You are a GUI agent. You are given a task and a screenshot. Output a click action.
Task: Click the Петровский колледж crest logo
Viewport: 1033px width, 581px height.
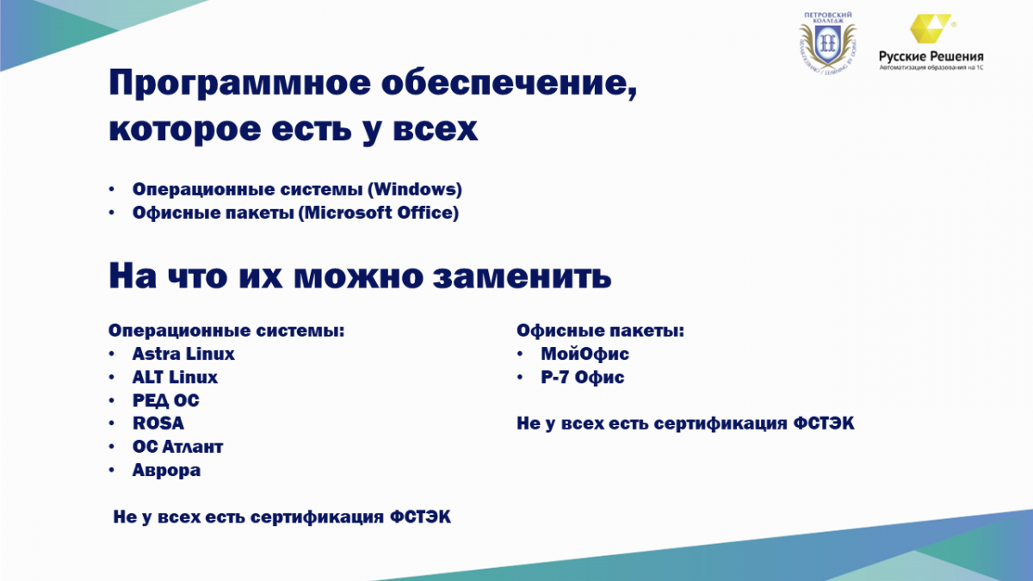(827, 43)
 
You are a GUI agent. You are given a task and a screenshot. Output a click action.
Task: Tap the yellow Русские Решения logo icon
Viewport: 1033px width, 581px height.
(931, 28)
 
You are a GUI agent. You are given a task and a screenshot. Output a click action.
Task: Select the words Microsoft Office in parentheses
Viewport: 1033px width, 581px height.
(379, 213)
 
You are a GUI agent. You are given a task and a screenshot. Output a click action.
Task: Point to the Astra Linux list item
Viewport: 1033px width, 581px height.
(183, 354)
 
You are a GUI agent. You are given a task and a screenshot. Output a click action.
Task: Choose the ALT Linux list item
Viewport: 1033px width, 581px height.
(175, 377)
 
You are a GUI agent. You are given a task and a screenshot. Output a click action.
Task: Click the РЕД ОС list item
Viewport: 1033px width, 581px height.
(166, 400)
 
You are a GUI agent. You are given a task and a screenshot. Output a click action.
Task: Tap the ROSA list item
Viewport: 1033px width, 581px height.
(158, 423)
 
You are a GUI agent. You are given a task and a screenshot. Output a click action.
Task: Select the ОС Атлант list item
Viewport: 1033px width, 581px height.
(177, 447)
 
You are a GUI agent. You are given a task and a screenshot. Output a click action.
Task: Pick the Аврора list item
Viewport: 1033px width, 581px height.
(166, 470)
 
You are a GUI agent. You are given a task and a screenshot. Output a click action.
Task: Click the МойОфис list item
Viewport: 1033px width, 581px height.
(585, 354)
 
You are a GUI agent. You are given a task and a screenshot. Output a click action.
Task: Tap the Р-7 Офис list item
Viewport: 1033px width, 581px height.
(583, 377)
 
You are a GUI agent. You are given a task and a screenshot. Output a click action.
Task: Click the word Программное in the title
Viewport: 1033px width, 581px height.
(240, 83)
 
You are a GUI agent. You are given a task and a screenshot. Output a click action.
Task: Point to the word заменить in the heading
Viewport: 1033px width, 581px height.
(522, 275)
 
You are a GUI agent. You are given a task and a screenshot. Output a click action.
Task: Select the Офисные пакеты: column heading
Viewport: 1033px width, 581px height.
(600, 331)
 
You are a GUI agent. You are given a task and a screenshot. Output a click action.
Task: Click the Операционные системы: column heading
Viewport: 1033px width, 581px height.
(226, 331)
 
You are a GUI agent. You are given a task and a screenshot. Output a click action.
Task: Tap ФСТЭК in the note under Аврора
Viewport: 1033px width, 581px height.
(420, 516)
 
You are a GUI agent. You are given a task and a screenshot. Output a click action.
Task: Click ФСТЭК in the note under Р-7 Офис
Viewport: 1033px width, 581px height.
(824, 423)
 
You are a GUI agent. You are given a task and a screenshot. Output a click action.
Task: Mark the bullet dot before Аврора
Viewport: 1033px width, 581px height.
(112, 470)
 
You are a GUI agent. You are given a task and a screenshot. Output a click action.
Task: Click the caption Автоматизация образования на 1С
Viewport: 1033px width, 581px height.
(931, 67)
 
